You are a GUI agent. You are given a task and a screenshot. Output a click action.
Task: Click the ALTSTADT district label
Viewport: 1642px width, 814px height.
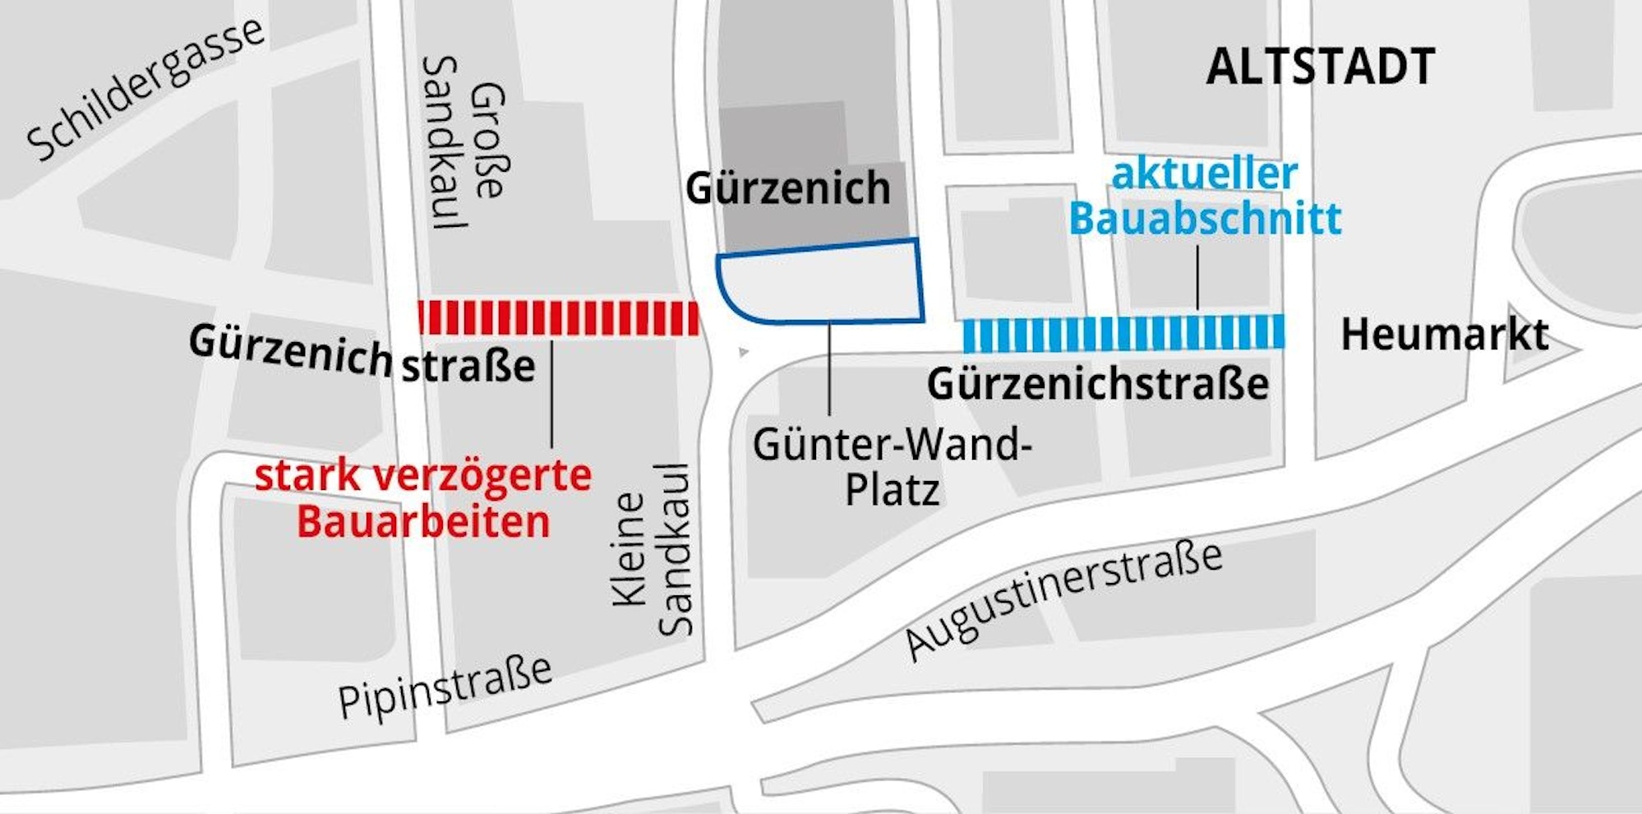1320,67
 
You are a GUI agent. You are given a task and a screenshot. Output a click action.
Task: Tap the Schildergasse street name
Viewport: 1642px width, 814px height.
145,89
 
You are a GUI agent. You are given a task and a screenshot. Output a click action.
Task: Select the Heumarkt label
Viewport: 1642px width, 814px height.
1444,335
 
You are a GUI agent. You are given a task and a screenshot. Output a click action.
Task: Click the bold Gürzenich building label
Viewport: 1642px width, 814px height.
787,188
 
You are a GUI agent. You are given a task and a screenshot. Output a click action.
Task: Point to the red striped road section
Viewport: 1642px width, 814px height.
559,318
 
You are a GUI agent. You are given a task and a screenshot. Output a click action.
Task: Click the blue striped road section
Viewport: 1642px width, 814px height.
1123,333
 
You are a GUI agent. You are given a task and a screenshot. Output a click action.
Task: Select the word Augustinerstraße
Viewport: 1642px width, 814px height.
1065,600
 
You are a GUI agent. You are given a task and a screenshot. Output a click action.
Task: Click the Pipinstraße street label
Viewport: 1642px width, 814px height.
445,689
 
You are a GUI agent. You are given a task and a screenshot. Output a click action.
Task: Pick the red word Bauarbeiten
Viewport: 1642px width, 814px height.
423,522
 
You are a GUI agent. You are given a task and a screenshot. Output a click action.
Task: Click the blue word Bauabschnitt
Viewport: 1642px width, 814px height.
1205,220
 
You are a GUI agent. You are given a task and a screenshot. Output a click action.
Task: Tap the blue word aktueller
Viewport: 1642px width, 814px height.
1204,174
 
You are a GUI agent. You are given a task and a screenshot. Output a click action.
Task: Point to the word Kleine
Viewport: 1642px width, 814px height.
630,549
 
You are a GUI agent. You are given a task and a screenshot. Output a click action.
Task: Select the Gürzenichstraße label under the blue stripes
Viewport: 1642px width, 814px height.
1097,384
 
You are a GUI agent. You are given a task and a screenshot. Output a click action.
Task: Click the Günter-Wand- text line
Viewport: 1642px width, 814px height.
892,445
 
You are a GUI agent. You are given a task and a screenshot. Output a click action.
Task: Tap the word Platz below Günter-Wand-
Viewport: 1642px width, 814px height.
892,491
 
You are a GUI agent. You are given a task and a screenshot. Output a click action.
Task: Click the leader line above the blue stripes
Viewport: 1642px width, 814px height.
1197,277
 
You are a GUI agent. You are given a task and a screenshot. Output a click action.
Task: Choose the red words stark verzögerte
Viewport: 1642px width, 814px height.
423,476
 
